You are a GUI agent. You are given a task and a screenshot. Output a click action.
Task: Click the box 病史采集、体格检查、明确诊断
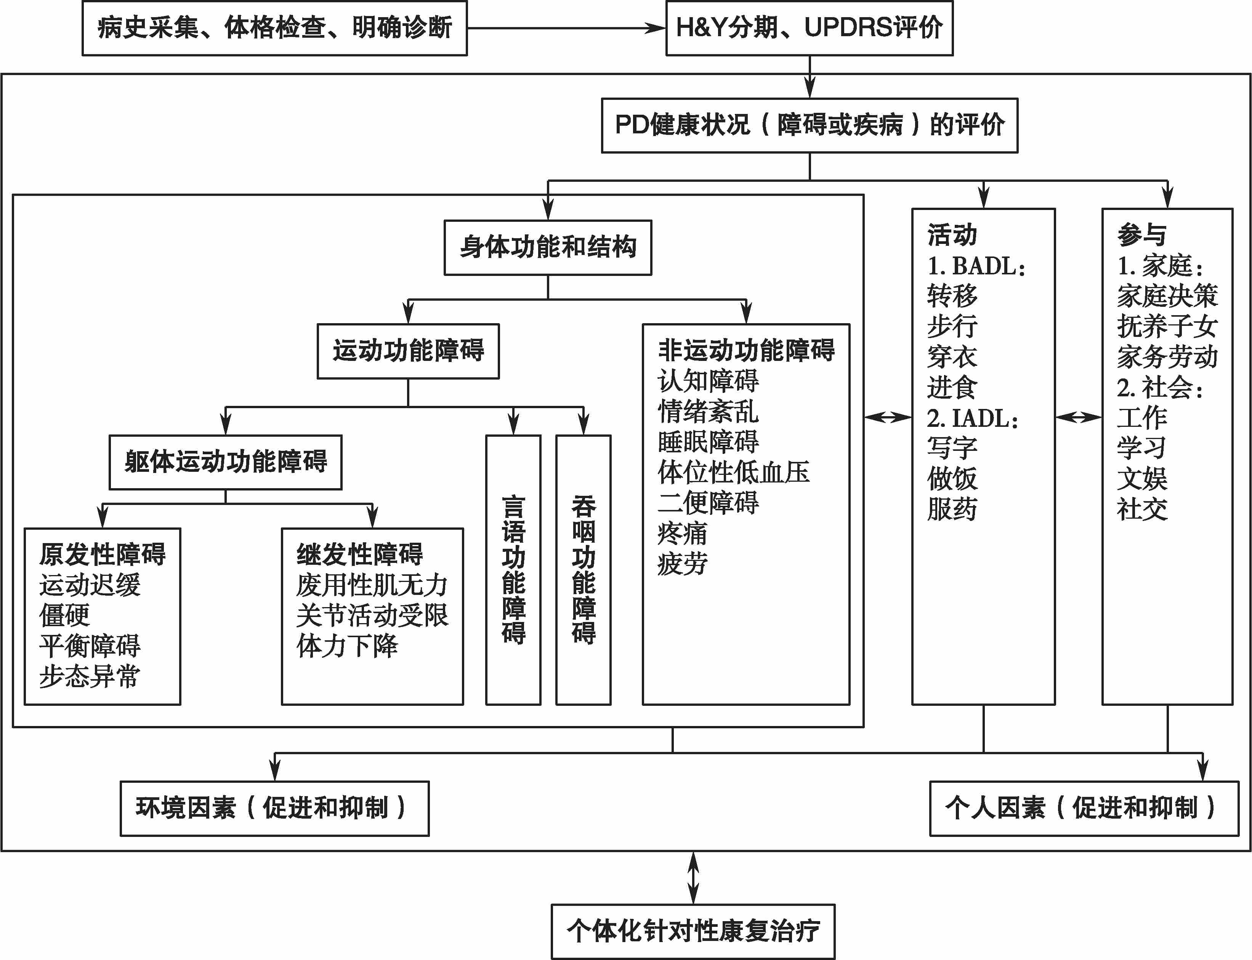click(274, 28)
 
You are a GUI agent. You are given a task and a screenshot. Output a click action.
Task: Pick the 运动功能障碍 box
click(408, 351)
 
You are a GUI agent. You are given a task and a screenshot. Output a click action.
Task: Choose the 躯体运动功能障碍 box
click(226, 462)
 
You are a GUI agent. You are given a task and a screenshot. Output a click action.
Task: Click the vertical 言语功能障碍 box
click(513, 570)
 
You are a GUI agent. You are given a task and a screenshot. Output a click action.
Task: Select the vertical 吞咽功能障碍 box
click(584, 570)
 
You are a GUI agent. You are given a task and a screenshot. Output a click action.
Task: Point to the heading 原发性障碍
click(102, 554)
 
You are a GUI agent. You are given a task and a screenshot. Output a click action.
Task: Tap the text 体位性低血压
click(734, 472)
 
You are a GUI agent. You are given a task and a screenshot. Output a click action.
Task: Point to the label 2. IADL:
click(973, 418)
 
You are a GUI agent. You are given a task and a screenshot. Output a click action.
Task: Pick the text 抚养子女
click(1167, 326)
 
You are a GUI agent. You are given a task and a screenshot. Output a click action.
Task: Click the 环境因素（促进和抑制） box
click(274, 809)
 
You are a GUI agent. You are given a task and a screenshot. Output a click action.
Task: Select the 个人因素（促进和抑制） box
click(1084, 809)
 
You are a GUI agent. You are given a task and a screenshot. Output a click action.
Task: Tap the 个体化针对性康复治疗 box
click(693, 931)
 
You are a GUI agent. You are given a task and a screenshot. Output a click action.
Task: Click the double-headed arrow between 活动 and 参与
click(1078, 418)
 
